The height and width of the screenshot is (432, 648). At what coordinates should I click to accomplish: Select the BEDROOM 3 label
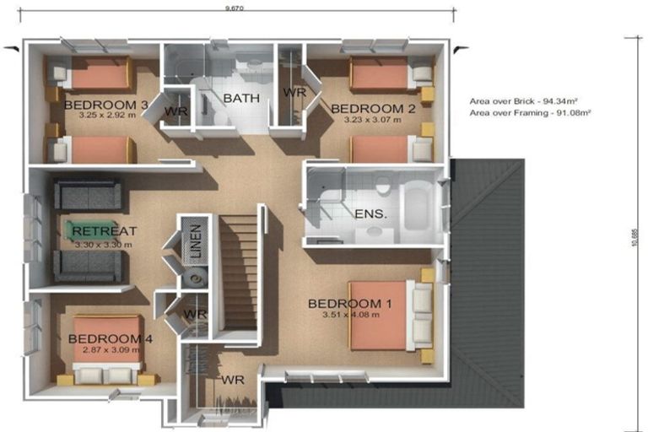click(106, 104)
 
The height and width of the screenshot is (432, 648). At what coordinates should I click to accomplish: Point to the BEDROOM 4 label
click(111, 338)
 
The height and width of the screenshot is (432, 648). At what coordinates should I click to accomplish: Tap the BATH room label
click(241, 98)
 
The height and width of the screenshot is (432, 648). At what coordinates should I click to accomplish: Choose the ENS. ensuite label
click(370, 213)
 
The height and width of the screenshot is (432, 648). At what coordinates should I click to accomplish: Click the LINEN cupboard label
click(195, 240)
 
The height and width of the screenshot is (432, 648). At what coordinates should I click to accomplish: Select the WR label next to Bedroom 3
click(175, 111)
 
